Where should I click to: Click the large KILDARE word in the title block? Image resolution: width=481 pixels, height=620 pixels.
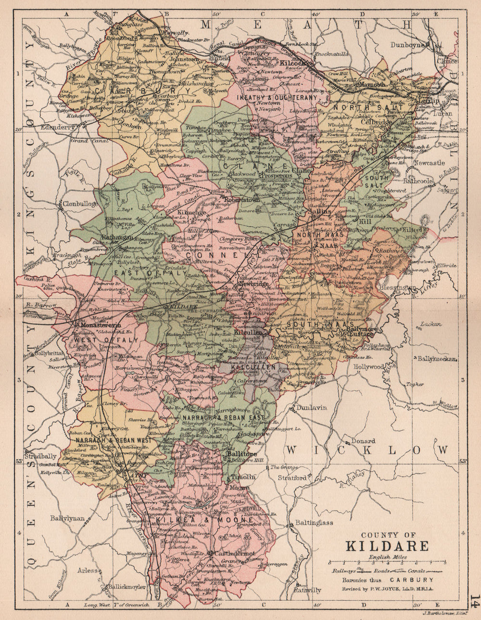click(x=386, y=546)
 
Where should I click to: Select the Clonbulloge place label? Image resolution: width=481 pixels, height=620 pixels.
click(x=79, y=204)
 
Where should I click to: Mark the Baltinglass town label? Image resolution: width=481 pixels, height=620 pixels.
click(x=314, y=523)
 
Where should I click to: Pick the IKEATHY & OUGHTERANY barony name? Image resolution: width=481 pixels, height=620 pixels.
click(x=277, y=97)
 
